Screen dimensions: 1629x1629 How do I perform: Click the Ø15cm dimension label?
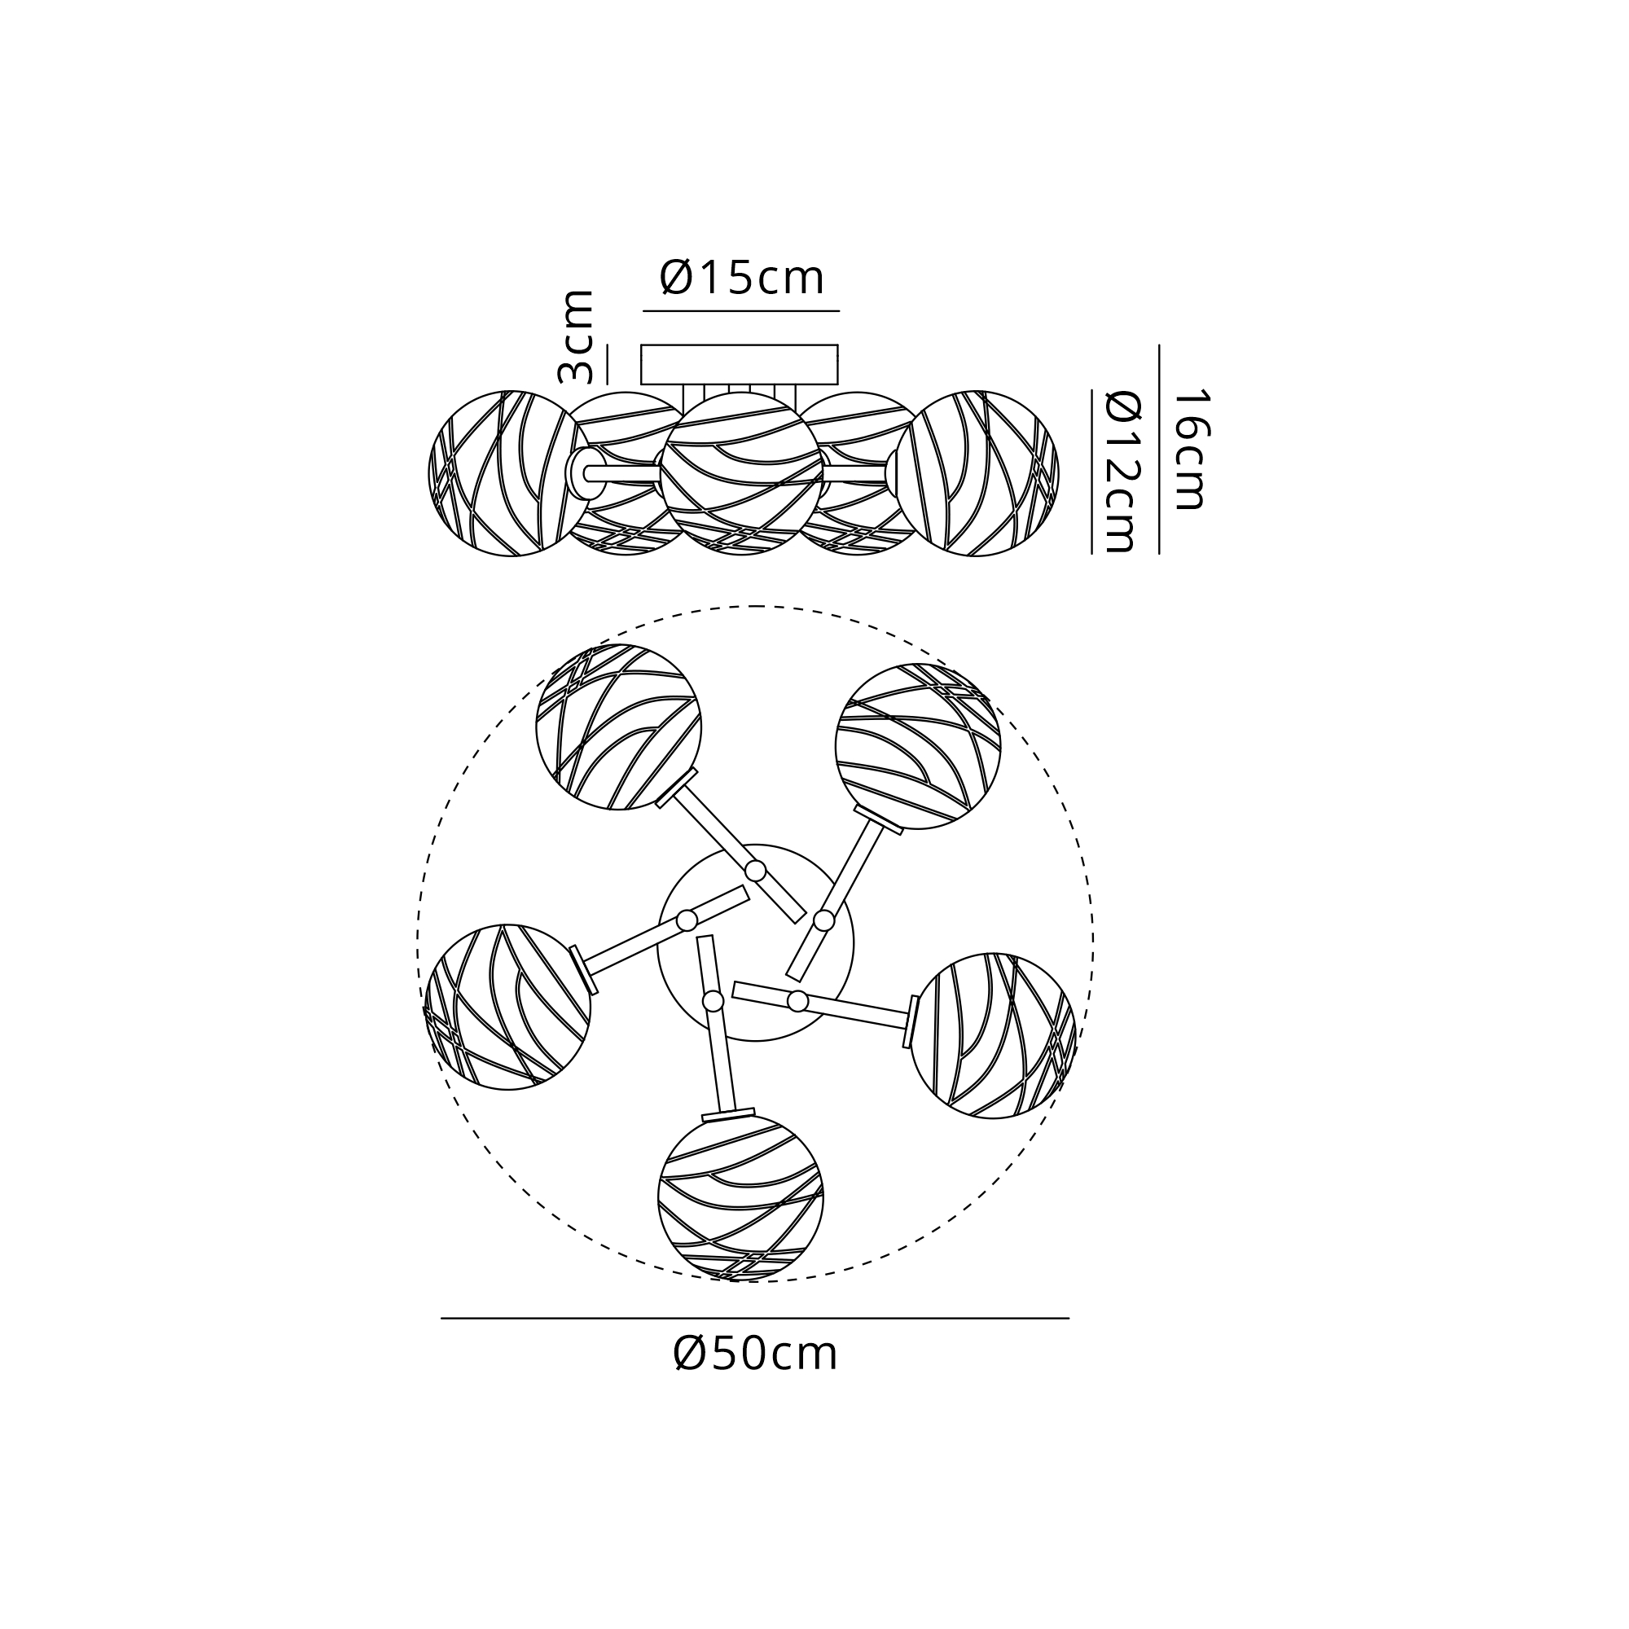[741, 278]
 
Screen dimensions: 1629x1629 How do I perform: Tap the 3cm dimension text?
[577, 336]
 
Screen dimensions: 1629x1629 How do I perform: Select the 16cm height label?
[1191, 449]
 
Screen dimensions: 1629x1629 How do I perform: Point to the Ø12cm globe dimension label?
[1122, 472]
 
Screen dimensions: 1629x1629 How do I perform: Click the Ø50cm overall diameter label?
[756, 1355]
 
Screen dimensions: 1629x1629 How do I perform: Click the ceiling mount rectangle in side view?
[740, 364]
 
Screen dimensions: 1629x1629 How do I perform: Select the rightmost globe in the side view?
[977, 473]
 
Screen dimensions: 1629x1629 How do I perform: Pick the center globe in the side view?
[741, 473]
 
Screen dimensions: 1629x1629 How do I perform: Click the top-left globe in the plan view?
[619, 727]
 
